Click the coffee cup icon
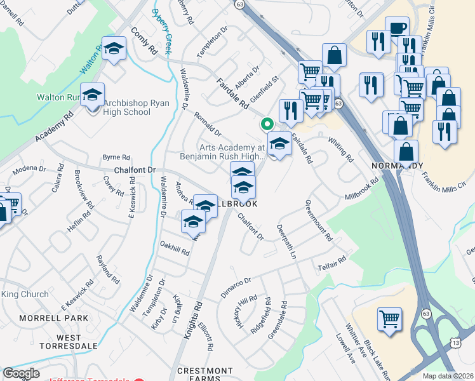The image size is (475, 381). point(397,29)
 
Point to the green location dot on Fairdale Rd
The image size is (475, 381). point(267,124)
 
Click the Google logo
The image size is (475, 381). point(21,373)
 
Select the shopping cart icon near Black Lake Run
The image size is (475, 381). point(390,319)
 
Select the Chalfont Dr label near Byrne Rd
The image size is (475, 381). point(135,170)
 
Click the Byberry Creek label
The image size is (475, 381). point(161,30)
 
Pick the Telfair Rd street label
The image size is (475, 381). point(332,264)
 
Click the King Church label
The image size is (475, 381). point(25,294)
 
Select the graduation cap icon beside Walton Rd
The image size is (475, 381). point(114,49)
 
